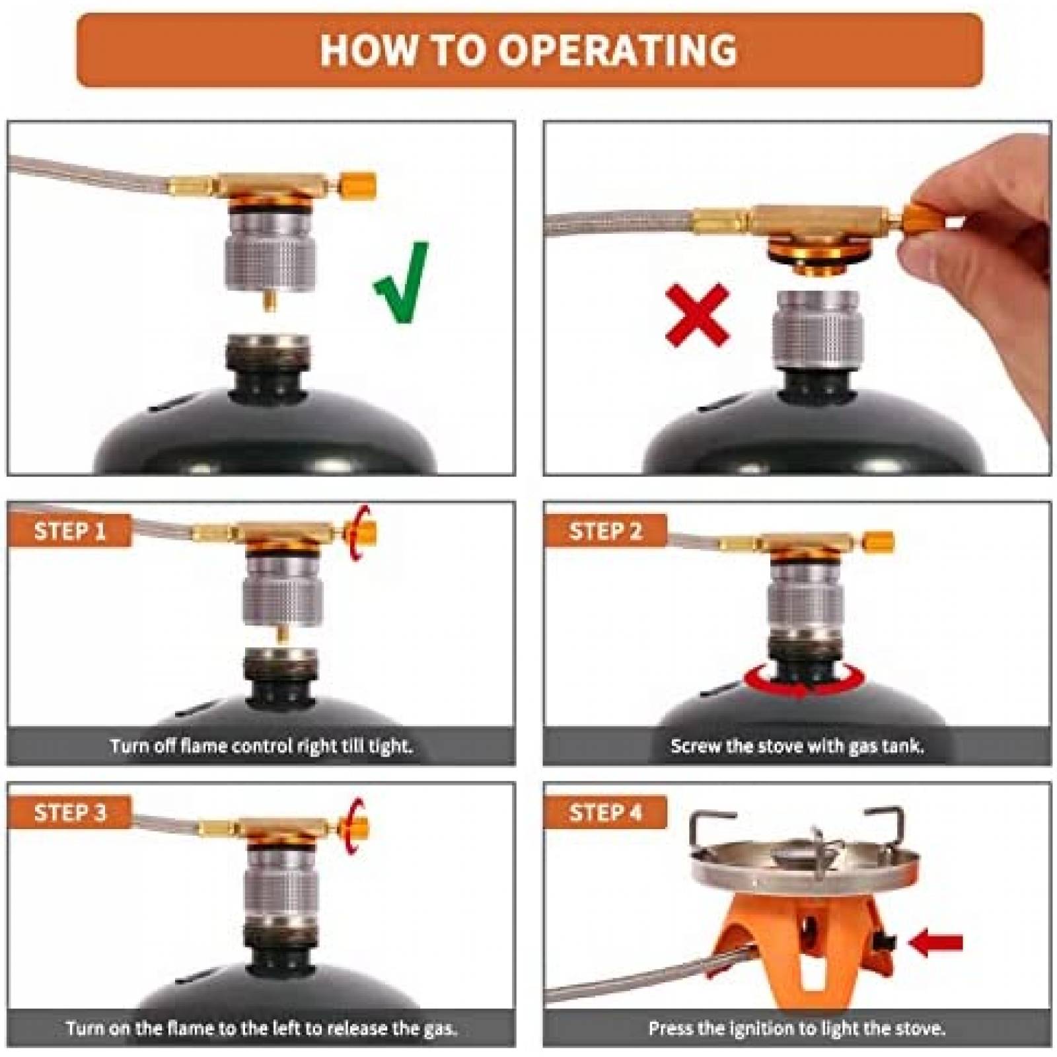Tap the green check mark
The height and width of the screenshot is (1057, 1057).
pyautogui.click(x=402, y=283)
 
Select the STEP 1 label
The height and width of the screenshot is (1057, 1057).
pyautogui.click(x=69, y=530)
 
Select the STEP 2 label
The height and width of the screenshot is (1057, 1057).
pyautogui.click(x=605, y=530)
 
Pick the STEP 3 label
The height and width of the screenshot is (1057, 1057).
pyautogui.click(x=69, y=812)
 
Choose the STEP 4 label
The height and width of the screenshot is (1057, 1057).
pyautogui.click(x=605, y=812)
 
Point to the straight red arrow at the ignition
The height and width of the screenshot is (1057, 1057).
pyautogui.click(x=935, y=943)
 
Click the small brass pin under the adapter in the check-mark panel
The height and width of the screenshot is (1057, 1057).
pyautogui.click(x=269, y=301)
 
